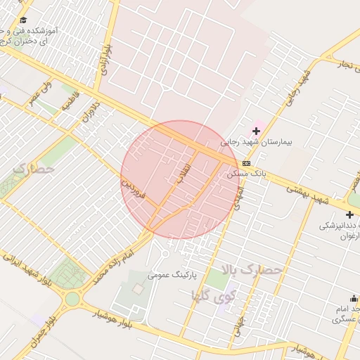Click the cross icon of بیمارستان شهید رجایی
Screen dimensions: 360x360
pyautogui.click(x=257, y=131)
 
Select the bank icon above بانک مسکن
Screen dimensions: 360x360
pyautogui.click(x=245, y=163)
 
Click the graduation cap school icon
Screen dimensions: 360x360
pyautogui.click(x=23, y=20)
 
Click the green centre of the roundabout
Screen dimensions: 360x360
pyautogui.click(x=72, y=300)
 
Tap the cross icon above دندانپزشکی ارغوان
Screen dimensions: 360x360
pyautogui.click(x=350, y=214)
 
